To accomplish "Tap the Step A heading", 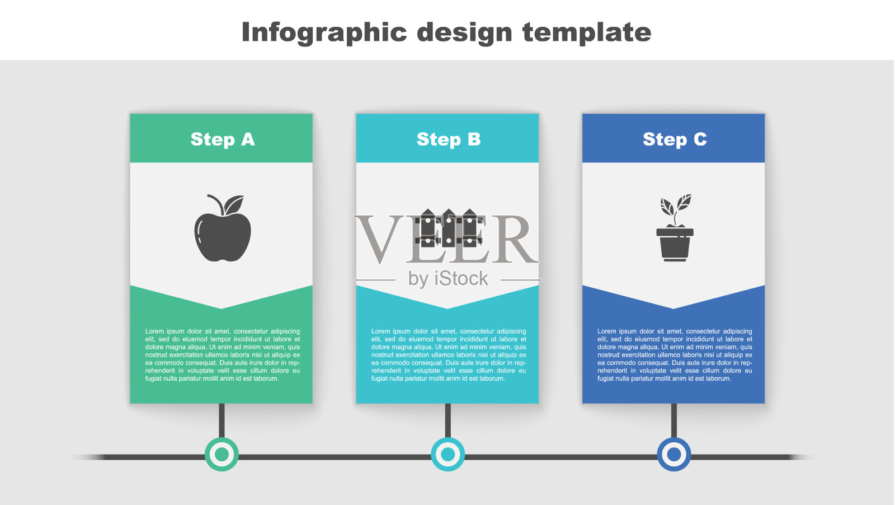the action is [x=223, y=139].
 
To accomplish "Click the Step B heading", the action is [x=448, y=139].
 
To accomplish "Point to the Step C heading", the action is [x=675, y=139].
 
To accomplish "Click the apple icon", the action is [x=223, y=229].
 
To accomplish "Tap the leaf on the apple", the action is [x=234, y=204].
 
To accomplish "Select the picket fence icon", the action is [x=448, y=228].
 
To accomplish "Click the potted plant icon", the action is [x=675, y=228].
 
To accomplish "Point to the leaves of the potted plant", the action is [x=676, y=205].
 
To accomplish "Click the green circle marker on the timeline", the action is [x=222, y=454].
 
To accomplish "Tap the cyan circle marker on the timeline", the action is [x=448, y=454].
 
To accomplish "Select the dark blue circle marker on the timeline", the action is [x=674, y=454].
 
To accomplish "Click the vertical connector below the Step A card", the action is [x=222, y=420].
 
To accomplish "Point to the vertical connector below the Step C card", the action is [x=674, y=420].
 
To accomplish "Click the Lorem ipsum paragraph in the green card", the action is [x=223, y=355].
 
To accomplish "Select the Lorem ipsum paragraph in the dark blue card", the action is [x=675, y=355].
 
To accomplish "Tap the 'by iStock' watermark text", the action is [x=448, y=279].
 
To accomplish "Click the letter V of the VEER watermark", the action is [x=378, y=239].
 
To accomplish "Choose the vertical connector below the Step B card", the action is [x=448, y=420].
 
